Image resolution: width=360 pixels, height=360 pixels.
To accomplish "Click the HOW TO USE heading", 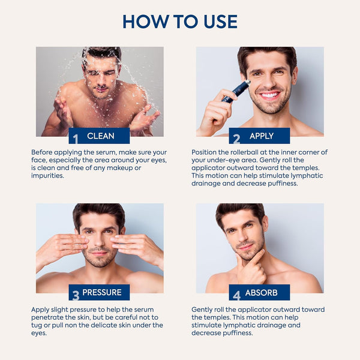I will pos(180,22).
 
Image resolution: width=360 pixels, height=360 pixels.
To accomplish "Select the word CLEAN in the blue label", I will pos(101,136).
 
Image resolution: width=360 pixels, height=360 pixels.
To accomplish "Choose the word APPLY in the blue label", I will pos(261,136).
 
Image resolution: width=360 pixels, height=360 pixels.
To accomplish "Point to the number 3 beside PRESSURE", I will pos(76,295).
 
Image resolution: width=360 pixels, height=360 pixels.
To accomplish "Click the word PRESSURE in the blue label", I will pos(103,293).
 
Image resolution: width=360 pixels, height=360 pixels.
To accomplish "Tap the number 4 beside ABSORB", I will pos(236,295).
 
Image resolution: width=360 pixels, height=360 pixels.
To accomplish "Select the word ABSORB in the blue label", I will pos(261,293).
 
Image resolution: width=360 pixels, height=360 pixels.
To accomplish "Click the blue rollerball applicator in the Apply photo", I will pos(236,91).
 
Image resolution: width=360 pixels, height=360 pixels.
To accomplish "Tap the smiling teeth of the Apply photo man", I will pos(270,95).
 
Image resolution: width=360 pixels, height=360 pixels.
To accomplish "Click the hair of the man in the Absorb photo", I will pos(240,210).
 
